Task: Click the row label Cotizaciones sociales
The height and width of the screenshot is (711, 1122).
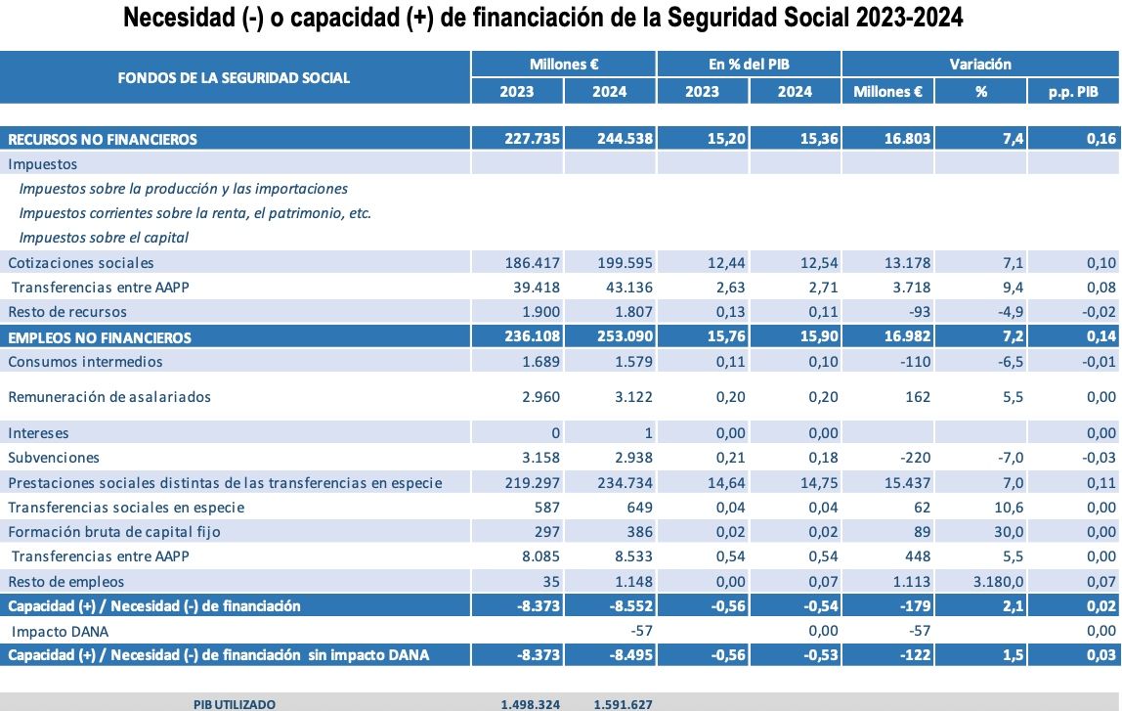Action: tap(81, 263)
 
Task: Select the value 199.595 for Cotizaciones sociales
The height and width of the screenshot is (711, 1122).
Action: tap(625, 263)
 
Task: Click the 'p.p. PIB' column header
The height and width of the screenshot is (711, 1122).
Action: tap(1073, 92)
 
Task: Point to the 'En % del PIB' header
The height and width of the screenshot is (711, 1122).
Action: tap(749, 65)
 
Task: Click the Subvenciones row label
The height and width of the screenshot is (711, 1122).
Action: tap(54, 458)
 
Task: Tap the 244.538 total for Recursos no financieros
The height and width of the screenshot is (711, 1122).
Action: tap(625, 139)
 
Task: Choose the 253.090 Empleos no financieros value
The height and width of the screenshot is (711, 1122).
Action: tap(625, 337)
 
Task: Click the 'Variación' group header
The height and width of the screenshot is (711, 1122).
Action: tap(980, 65)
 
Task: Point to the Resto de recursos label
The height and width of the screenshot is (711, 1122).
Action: tap(67, 312)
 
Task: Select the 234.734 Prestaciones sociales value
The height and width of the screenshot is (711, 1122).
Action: tap(625, 483)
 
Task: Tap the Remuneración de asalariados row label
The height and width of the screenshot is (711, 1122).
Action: tap(109, 397)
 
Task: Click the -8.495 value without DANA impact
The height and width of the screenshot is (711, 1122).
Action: tap(629, 654)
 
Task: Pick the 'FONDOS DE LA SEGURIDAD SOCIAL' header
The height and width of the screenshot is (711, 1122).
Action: tap(234, 77)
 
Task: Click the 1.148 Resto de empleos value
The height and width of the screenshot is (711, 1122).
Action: tap(631, 582)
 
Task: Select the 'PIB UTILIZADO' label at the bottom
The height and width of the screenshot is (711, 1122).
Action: tap(234, 704)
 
